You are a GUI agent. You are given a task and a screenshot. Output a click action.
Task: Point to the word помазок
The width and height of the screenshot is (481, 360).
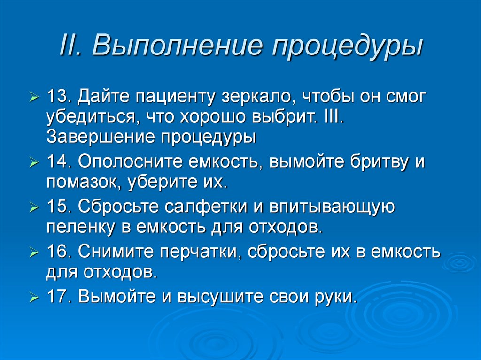tap(78, 182)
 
